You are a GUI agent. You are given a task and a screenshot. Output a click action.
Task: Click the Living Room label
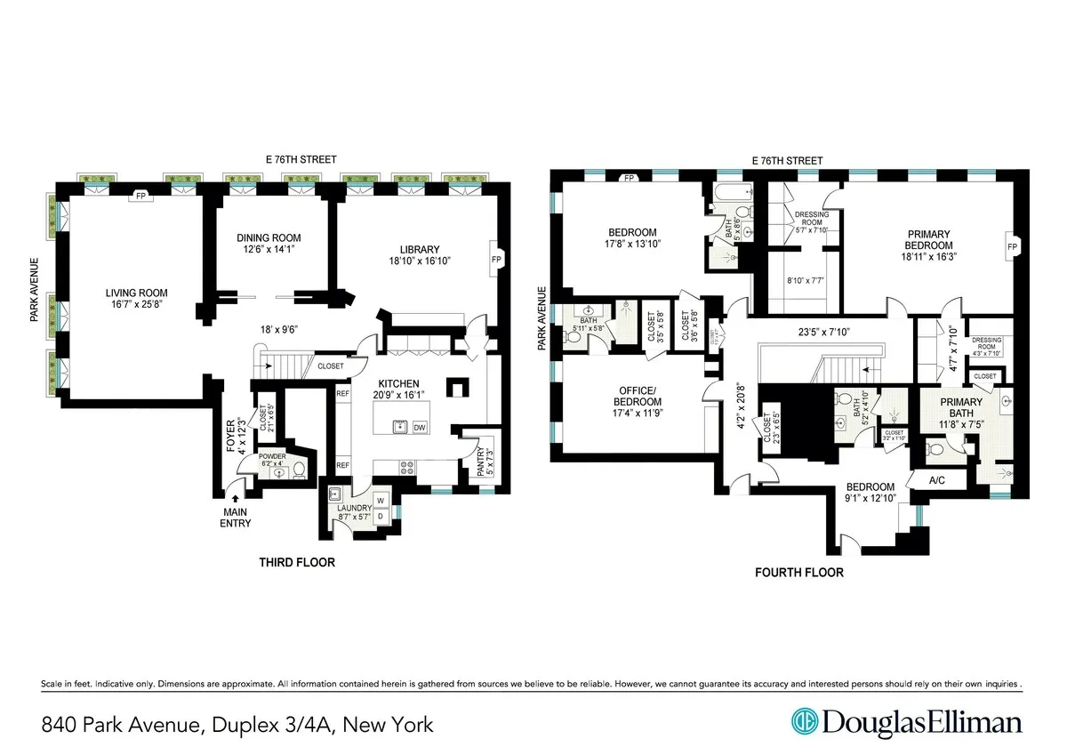(x=137, y=293)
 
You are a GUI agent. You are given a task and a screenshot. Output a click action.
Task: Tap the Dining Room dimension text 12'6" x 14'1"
(x=269, y=249)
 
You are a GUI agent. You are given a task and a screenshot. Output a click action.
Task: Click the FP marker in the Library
(x=496, y=260)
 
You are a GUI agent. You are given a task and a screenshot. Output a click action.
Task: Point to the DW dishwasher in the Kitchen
(x=420, y=428)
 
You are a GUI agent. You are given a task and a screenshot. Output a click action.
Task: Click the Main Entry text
(x=236, y=517)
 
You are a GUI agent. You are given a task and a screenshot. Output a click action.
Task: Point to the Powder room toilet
(x=300, y=470)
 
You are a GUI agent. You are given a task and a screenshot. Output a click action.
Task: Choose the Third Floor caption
(x=297, y=562)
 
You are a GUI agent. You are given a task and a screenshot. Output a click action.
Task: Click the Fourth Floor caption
(x=798, y=572)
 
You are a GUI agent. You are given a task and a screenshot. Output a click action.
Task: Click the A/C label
(x=936, y=480)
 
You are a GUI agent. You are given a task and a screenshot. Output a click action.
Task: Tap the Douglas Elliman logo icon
(x=806, y=721)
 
